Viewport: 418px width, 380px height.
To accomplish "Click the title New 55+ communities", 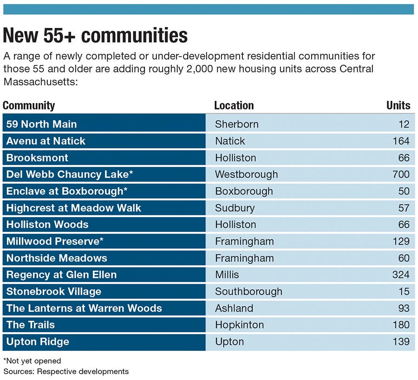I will [95, 36].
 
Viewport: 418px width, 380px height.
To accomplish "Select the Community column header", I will [29, 105].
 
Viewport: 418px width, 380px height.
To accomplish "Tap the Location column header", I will [234, 105].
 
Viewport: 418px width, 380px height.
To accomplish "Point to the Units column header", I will [398, 105].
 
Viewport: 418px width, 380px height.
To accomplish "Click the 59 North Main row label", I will [41, 124].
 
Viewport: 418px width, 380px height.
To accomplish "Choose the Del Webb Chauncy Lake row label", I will [70, 174].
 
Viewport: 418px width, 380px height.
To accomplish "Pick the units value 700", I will [400, 174].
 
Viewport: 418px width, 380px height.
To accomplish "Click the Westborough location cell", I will [246, 174].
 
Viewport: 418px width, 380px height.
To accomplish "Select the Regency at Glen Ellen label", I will [61, 275].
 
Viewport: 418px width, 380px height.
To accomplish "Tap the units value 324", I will [400, 275].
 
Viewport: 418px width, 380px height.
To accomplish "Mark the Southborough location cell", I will [248, 291].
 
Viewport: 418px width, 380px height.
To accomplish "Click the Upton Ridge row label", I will [38, 341].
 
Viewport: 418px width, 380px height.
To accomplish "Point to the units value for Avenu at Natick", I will [400, 141].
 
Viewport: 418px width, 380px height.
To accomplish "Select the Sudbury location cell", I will [235, 208].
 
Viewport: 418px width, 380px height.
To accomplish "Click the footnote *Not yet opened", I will [32, 361].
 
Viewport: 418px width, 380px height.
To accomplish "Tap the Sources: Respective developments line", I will [66, 371].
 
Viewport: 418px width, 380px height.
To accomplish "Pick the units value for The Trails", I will [400, 325].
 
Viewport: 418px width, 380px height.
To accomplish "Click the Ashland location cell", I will [234, 308].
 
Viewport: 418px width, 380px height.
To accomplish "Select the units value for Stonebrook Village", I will [404, 291].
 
